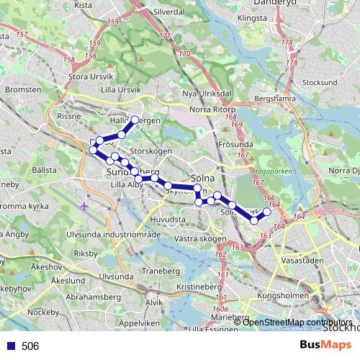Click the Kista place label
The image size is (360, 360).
point(84,5)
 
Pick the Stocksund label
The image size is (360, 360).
point(320,83)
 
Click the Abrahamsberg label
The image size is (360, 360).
point(92,295)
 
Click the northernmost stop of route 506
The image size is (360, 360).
point(135,119)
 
